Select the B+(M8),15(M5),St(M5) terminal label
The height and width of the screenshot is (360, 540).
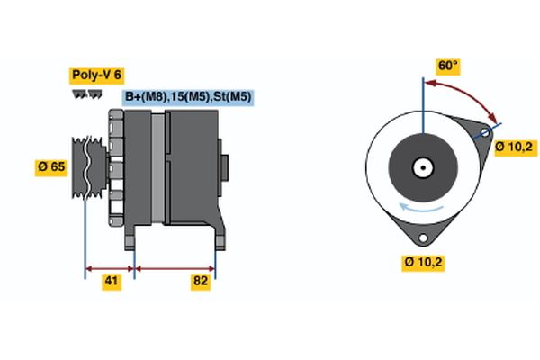coord(187,97)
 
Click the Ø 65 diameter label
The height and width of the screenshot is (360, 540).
coord(52,166)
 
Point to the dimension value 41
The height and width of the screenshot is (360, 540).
coord(110,282)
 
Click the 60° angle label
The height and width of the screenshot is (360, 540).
coord(447,66)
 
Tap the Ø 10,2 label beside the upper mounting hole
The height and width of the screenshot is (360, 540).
coord(514,146)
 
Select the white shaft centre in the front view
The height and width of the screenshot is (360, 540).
coord(421,167)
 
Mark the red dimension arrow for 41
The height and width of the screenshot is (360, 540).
coord(110,267)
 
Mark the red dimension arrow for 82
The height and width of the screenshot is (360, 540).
coord(175,267)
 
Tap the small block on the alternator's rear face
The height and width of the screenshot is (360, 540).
coord(225,167)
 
